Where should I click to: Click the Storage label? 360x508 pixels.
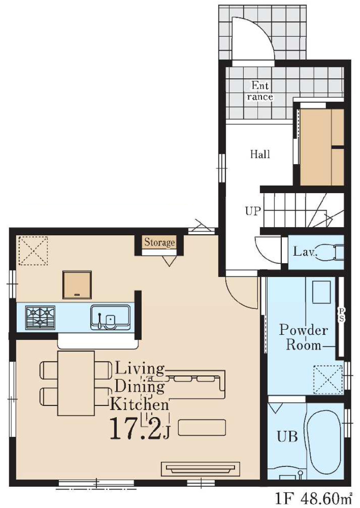pos(160,242)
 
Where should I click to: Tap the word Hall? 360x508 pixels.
pos(260,154)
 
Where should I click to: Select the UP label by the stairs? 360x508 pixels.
pos(253,211)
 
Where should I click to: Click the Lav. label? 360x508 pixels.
pos(304,252)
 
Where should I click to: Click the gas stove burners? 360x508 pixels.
pos(40,317)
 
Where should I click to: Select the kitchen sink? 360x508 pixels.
pos(110,317)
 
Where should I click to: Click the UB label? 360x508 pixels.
pos(287,437)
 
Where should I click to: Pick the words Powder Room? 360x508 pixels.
pos(303,337)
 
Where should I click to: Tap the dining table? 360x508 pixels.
pos(76,383)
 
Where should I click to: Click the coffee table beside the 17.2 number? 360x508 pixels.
pos(202,427)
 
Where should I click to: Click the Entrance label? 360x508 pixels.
pos(260,91)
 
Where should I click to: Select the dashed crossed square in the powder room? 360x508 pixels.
pos(327,380)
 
